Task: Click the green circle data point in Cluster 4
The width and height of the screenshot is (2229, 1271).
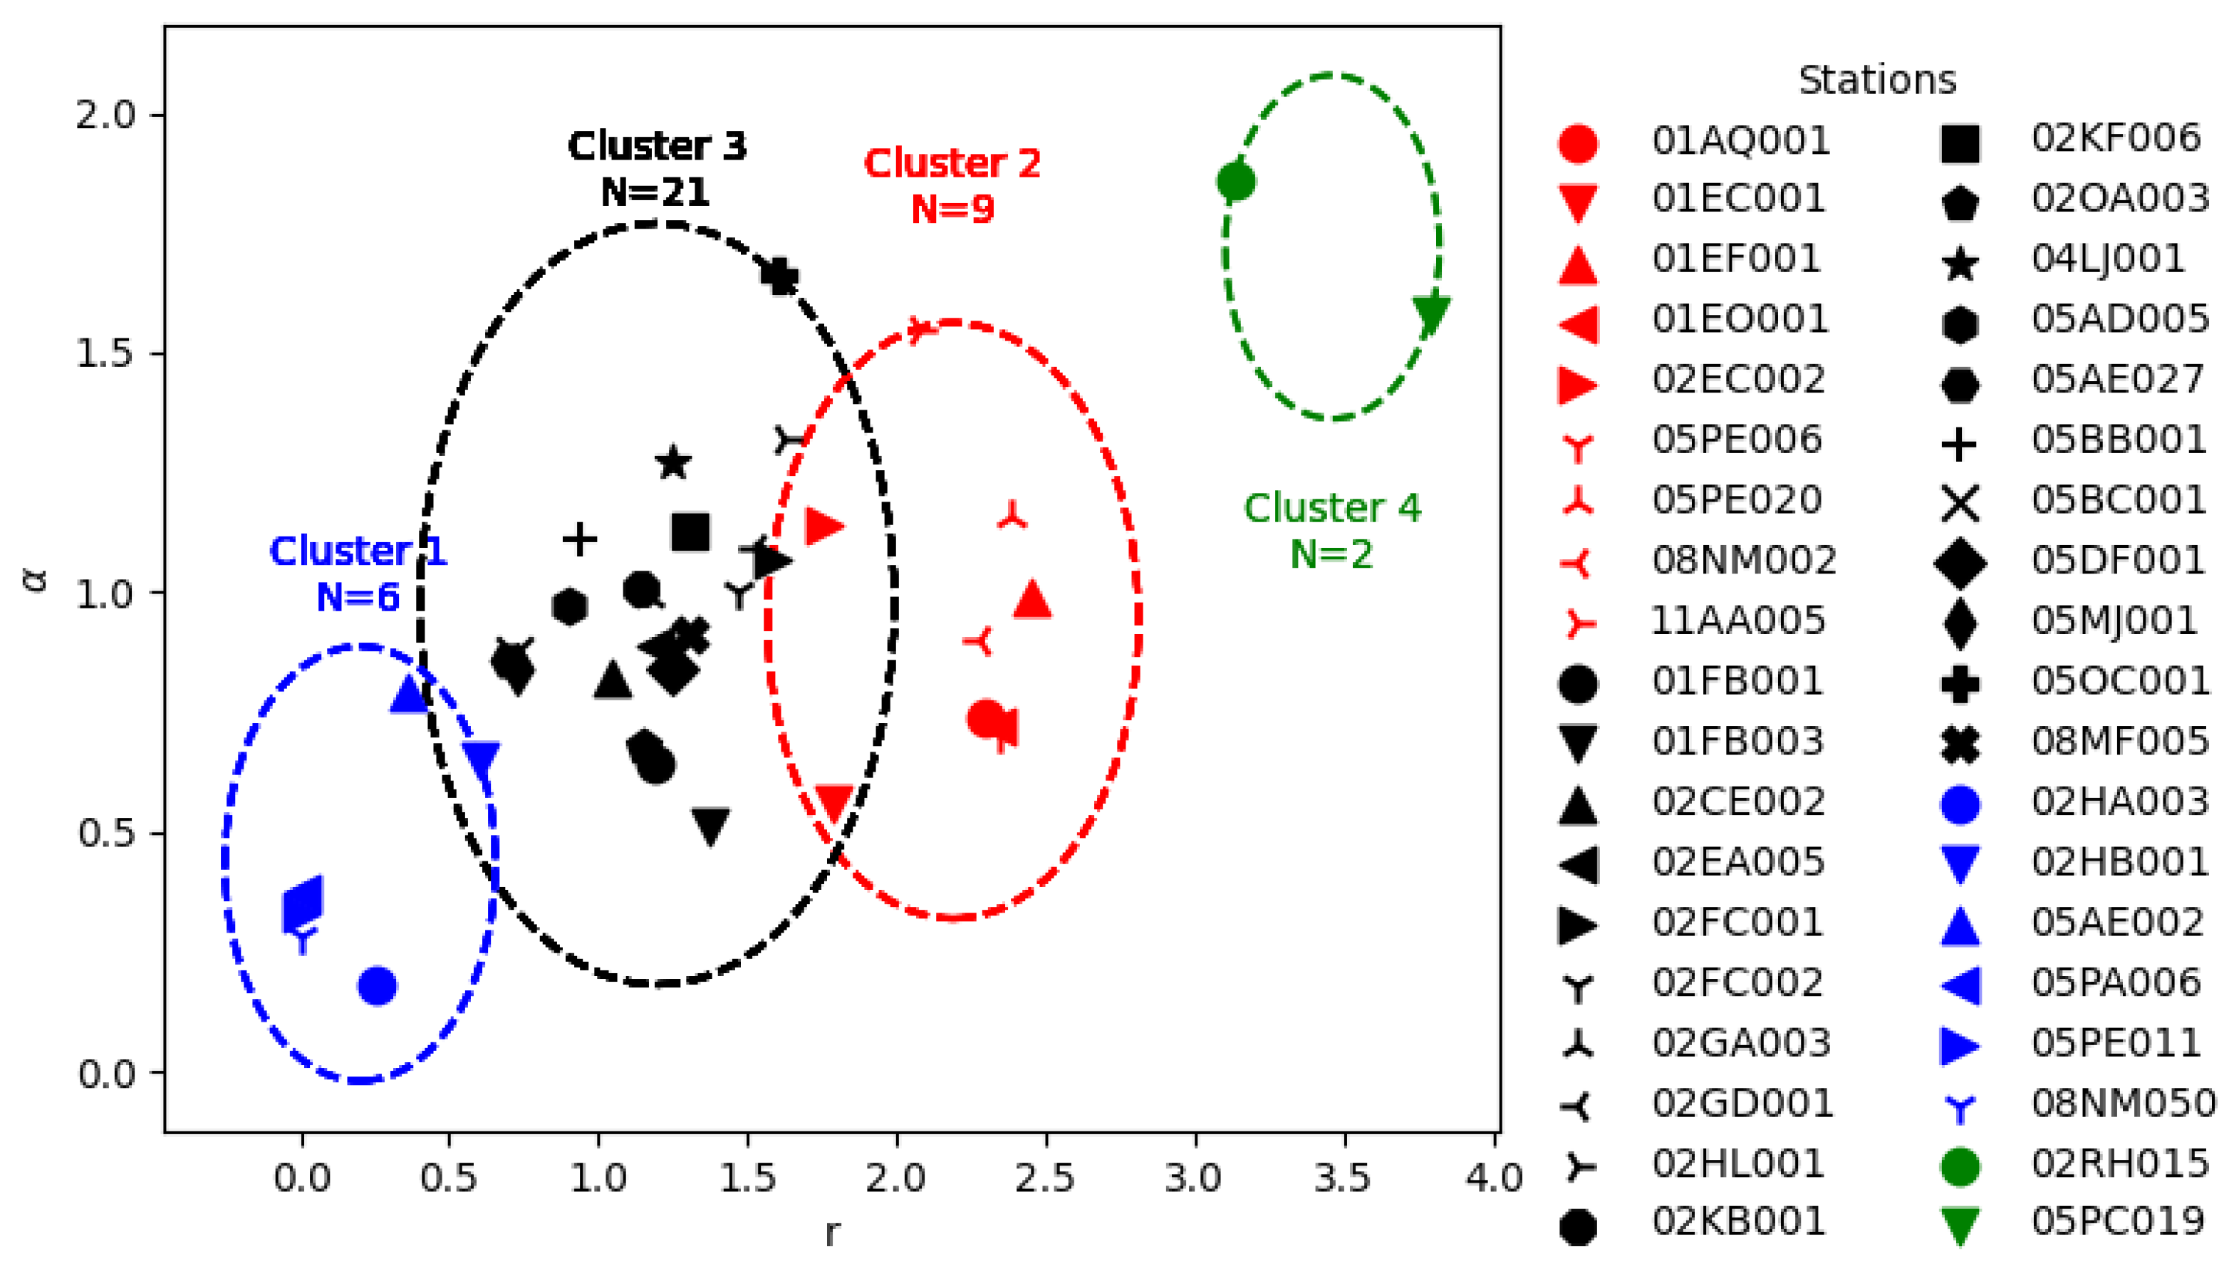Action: [1236, 182]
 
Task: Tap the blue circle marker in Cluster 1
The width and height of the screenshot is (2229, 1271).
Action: [377, 985]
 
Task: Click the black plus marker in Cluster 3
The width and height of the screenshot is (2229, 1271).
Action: [579, 539]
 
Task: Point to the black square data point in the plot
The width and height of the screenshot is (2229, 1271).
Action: [690, 531]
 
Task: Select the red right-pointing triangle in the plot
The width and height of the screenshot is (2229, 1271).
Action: [823, 526]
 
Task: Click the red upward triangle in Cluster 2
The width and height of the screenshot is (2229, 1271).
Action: [1032, 600]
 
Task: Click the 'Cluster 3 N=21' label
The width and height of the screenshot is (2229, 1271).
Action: [656, 168]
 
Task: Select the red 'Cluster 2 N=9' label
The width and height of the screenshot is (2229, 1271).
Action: [952, 186]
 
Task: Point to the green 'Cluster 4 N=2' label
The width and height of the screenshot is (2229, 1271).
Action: [1332, 530]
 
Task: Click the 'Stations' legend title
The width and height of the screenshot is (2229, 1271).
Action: [1877, 81]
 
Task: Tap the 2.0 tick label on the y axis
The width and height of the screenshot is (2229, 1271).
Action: [105, 115]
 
